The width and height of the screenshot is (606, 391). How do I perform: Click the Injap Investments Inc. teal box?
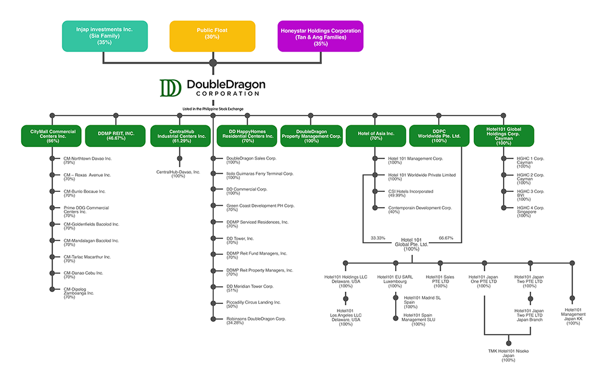coord(105,36)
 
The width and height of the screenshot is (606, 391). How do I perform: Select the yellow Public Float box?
coord(212,36)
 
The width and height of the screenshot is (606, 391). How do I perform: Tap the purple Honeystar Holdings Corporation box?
coord(320,36)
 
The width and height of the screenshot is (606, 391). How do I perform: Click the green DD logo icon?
coord(170,88)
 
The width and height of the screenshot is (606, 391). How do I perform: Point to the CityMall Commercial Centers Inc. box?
coord(53,136)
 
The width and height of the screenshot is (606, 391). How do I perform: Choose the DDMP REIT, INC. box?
coord(115,136)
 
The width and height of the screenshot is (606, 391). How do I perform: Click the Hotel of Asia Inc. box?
coord(375,136)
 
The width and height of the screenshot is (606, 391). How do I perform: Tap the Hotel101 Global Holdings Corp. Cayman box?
coord(503,136)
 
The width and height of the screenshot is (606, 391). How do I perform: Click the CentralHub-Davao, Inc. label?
coord(178,174)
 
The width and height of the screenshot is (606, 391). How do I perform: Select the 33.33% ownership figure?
coord(378,238)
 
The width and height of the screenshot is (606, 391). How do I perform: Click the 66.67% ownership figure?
coord(446,238)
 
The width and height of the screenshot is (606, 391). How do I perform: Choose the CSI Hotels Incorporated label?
coord(410,193)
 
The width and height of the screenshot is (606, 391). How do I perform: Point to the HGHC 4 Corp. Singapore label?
coord(530,210)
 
